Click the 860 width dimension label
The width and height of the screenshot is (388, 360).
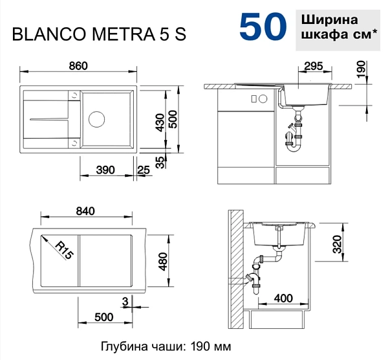(x=78, y=66)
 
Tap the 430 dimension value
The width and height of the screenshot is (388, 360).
(x=160, y=122)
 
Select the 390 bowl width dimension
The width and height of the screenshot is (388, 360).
(x=105, y=170)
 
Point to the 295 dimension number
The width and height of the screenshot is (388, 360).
(x=314, y=66)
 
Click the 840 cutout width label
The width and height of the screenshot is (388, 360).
(x=85, y=211)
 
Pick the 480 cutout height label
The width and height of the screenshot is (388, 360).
(x=163, y=262)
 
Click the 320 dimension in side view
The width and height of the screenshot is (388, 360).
(x=337, y=244)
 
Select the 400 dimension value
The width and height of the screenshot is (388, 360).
(x=283, y=298)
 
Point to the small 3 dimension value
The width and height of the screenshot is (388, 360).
(x=125, y=302)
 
